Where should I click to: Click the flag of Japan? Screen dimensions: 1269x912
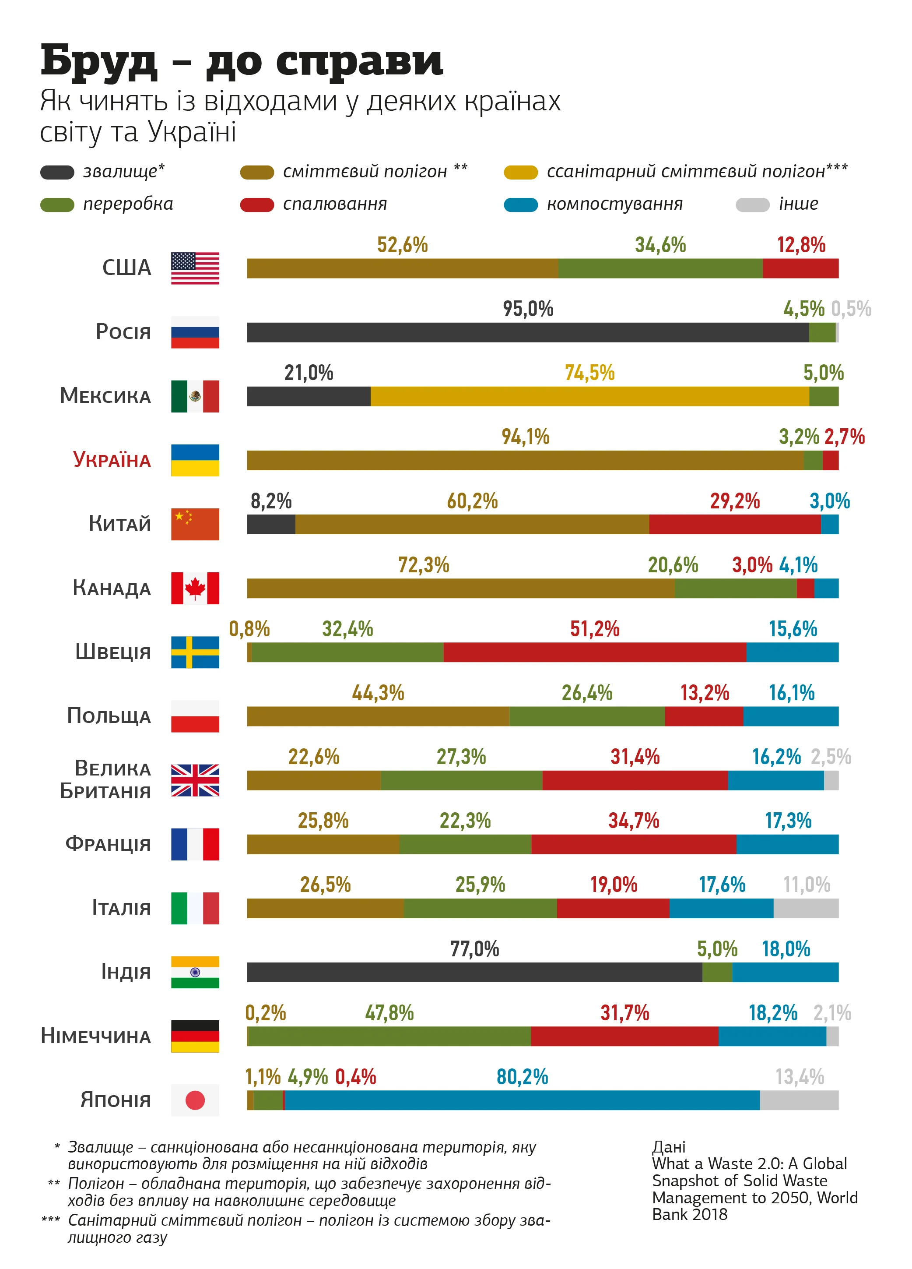(x=195, y=1100)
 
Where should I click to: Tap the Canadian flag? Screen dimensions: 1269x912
(x=195, y=588)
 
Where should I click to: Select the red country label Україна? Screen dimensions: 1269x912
(x=112, y=460)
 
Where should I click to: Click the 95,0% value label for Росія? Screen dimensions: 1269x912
(x=527, y=309)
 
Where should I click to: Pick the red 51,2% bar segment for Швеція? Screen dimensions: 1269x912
(x=594, y=652)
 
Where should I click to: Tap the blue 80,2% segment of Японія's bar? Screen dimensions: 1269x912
(x=521, y=1100)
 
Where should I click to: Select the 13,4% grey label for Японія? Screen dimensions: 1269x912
(x=799, y=1076)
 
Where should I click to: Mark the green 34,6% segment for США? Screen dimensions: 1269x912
(x=660, y=268)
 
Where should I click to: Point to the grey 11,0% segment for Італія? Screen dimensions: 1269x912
(x=805, y=908)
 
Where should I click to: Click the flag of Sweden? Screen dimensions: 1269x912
(x=195, y=652)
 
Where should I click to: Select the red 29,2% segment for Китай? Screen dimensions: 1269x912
(x=734, y=524)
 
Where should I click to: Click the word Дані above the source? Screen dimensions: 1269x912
(x=668, y=1146)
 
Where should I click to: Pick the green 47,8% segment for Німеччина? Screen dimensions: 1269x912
(x=389, y=1036)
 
